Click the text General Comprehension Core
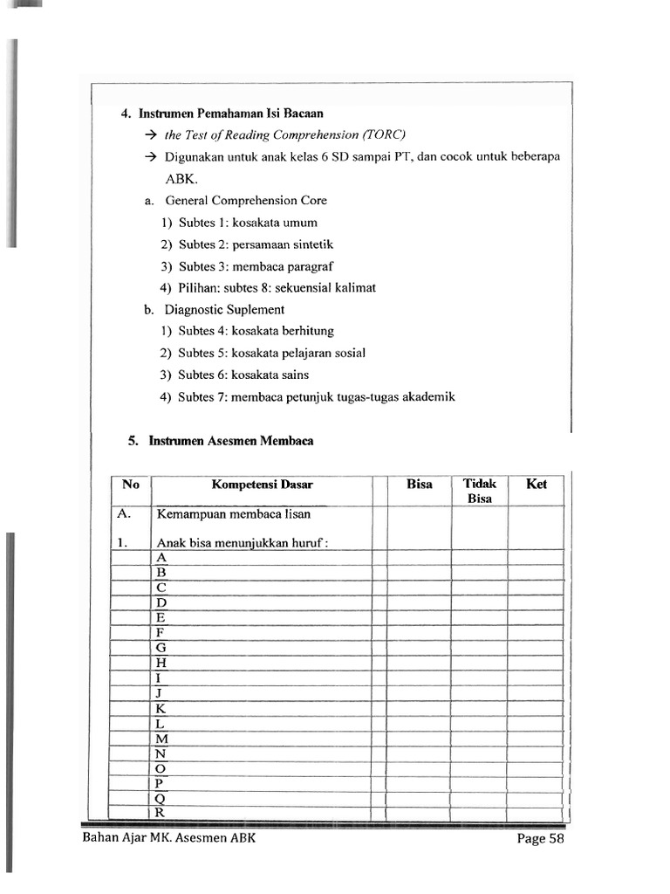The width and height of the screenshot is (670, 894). point(246,200)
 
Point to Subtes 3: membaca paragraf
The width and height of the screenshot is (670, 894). point(256,266)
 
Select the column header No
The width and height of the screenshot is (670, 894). point(130,485)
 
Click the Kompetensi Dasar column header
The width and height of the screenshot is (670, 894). point(262,485)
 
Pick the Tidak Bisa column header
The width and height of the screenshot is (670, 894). point(479,491)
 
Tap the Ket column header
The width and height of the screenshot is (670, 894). point(537,485)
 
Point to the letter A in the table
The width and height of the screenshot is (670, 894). point(161,557)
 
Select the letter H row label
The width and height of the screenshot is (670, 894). point(161,663)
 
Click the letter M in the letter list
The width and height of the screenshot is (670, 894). point(161,739)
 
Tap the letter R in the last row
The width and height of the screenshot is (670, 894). point(161,813)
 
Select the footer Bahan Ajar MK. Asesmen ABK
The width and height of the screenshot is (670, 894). point(168,839)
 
